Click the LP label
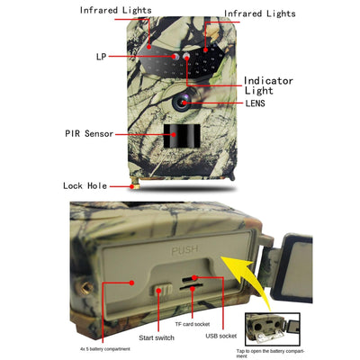pos(100,57)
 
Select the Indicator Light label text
pos(270,85)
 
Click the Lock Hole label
pos(85,186)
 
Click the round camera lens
pos(184,103)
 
